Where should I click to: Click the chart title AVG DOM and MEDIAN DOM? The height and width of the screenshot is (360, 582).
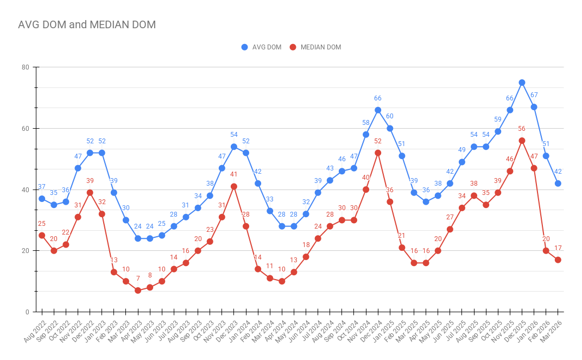click(x=87, y=24)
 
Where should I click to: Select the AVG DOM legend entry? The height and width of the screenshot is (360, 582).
click(x=261, y=47)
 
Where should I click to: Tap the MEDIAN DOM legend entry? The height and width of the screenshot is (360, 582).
click(x=315, y=47)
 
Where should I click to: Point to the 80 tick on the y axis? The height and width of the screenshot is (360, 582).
click(x=25, y=67)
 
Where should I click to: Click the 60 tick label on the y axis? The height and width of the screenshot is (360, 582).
click(x=25, y=128)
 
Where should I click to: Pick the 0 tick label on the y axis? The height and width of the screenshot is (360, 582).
click(x=27, y=312)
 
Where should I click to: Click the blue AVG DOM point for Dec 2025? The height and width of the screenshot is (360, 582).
click(x=522, y=83)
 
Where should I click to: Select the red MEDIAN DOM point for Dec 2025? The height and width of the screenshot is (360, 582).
click(x=522, y=141)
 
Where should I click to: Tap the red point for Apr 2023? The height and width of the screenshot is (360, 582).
click(x=138, y=290)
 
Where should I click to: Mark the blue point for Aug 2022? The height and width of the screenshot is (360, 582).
click(x=42, y=199)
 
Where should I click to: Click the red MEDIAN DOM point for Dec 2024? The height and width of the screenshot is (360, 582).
click(x=378, y=153)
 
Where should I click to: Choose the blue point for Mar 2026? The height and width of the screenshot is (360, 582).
click(x=558, y=184)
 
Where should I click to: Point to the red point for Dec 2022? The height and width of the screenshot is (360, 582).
click(x=90, y=193)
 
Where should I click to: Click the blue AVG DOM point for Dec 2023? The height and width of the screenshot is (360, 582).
click(x=234, y=147)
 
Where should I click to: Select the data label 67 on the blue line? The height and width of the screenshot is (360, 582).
click(x=534, y=95)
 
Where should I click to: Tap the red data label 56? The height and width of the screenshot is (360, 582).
click(x=522, y=129)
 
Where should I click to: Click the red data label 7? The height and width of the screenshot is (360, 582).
click(x=138, y=279)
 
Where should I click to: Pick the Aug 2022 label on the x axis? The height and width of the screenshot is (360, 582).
click(x=35, y=331)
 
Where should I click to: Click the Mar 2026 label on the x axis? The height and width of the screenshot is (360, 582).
click(x=551, y=331)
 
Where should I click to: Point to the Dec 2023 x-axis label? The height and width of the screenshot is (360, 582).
click(x=227, y=331)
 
